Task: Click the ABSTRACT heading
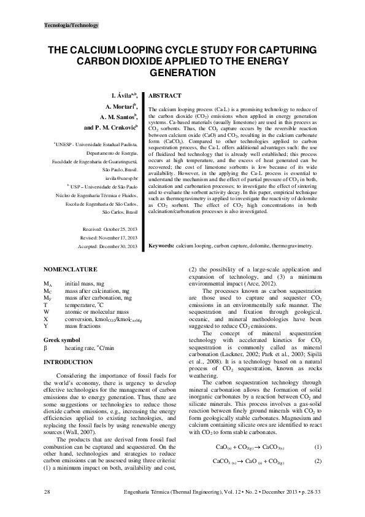point(164,96)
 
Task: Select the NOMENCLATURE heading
point(71,269)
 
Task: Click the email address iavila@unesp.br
point(121,176)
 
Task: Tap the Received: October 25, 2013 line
point(109,228)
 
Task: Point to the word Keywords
point(161,246)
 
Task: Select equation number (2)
point(318,461)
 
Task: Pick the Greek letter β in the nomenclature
point(45,347)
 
